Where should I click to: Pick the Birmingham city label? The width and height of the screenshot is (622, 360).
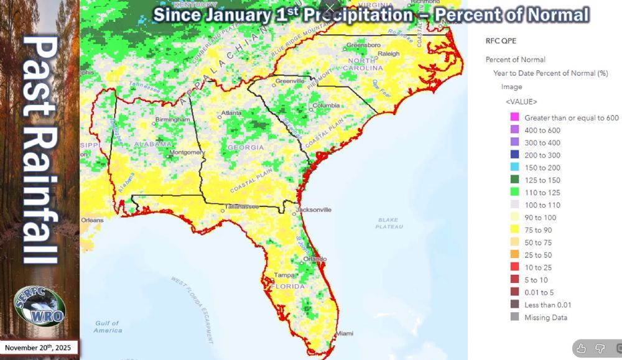coord(174,119)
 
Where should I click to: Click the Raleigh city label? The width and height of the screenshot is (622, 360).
coord(389,54)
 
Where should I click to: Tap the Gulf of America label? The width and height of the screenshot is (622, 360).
coord(108,326)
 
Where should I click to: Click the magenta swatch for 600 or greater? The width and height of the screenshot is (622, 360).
coord(514,118)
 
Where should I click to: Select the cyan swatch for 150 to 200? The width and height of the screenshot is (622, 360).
coord(514,168)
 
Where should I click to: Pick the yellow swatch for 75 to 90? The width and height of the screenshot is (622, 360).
coord(514,230)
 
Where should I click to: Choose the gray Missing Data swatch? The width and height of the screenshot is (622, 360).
coord(514,317)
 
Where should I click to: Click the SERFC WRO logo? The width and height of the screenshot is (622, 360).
coord(40,307)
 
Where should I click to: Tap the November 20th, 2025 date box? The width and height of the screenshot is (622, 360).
coord(39,348)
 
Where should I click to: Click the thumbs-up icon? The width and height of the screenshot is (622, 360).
coord(581,348)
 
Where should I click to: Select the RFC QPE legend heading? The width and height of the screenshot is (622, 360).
coord(500,41)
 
